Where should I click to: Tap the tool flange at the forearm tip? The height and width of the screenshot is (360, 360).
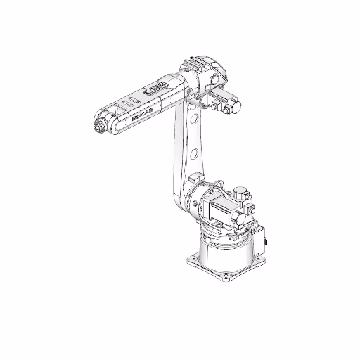100,128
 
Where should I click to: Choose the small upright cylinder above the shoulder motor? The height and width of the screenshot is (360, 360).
240,191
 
